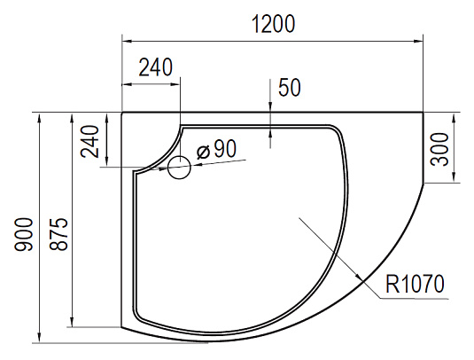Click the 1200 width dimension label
click(x=273, y=24)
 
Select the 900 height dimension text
click(x=23, y=234)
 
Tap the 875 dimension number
click(x=58, y=234)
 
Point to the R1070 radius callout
click(x=415, y=284)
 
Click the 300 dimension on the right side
click(x=439, y=149)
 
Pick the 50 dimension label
click(x=290, y=88)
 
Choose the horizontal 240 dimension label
click(x=155, y=67)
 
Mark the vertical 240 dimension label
click(x=89, y=142)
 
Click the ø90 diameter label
click(x=216, y=150)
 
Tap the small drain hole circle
click(x=179, y=168)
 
